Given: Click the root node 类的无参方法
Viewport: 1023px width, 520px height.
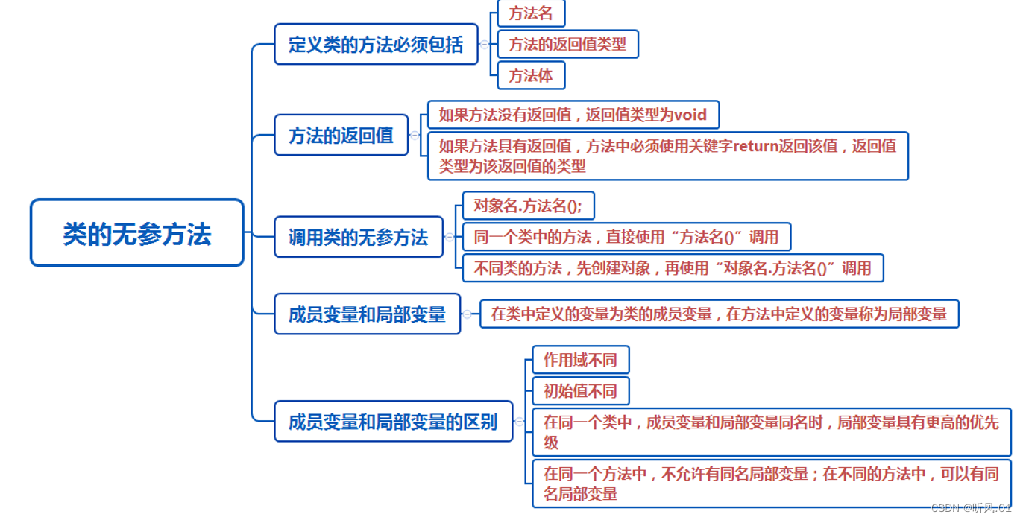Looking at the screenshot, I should click(137, 233).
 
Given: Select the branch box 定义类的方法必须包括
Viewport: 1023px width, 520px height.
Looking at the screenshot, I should click(376, 44).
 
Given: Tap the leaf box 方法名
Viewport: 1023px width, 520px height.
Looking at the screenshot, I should click(531, 13).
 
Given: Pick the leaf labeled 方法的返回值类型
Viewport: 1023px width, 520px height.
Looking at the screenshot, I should click(567, 44).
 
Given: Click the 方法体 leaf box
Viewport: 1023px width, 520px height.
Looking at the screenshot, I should click(531, 75).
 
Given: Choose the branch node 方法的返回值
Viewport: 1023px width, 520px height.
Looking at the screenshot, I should click(341, 135).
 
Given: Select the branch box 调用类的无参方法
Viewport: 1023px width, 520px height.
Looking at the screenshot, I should click(358, 237).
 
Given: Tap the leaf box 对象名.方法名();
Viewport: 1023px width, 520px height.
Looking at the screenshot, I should click(528, 206).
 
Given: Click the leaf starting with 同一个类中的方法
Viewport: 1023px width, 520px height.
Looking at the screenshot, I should click(626, 237).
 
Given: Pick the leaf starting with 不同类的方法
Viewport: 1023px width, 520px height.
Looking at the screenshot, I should click(672, 268).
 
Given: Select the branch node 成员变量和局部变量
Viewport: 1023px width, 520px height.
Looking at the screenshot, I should click(367, 314).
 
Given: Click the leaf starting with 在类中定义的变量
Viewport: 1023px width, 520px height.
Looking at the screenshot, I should click(719, 314).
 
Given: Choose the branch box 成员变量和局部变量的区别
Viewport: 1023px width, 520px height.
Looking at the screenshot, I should click(393, 422).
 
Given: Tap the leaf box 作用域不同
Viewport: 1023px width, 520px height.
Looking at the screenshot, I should click(580, 360).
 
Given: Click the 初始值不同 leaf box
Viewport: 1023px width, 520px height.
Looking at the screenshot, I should click(580, 391).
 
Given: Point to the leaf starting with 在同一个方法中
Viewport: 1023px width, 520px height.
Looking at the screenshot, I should click(771, 483).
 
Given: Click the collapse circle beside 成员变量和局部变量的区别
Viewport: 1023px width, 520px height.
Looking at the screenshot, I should click(520, 422).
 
